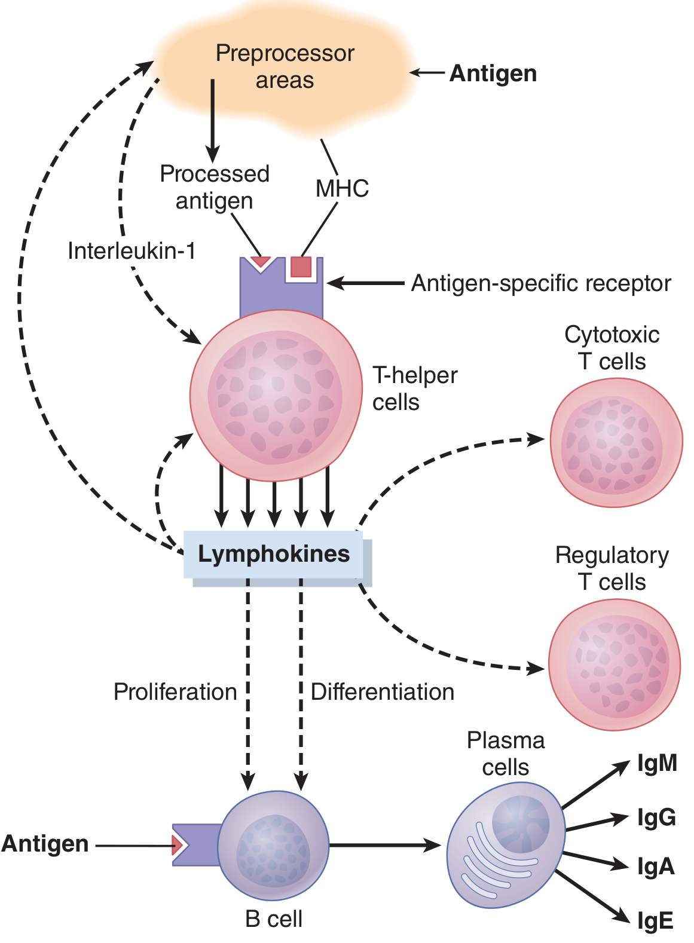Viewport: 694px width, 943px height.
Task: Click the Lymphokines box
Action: point(274,555)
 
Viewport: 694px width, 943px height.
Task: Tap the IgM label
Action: point(657,763)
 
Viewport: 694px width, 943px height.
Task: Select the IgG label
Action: point(656,818)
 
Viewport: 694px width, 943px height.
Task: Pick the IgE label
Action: point(655,920)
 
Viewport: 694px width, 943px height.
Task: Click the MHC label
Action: point(342,188)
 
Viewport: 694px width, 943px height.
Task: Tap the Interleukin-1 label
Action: point(132,251)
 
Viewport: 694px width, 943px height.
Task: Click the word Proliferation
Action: point(175,692)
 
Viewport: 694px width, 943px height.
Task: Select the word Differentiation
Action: point(383,692)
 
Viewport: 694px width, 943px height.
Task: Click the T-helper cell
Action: point(276,395)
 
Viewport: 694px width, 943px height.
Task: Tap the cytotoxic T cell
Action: point(616,442)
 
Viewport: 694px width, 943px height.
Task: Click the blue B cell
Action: point(273,846)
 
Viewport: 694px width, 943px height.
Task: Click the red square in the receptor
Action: point(301,267)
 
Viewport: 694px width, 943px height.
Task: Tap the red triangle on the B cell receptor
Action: point(177,845)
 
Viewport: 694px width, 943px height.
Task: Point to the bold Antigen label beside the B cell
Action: point(45,844)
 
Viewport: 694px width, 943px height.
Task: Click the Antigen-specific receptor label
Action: point(541,283)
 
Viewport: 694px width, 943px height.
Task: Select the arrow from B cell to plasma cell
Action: point(385,844)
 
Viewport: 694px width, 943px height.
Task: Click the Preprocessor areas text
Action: point(285,66)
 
